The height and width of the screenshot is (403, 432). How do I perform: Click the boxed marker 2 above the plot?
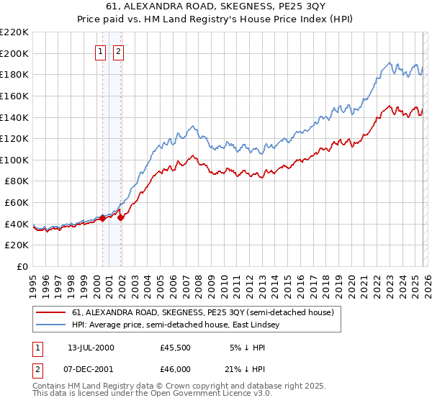(118, 51)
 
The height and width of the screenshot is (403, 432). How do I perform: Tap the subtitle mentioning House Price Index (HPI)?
(215, 19)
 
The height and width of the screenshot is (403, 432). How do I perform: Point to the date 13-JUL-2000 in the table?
(91, 348)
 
